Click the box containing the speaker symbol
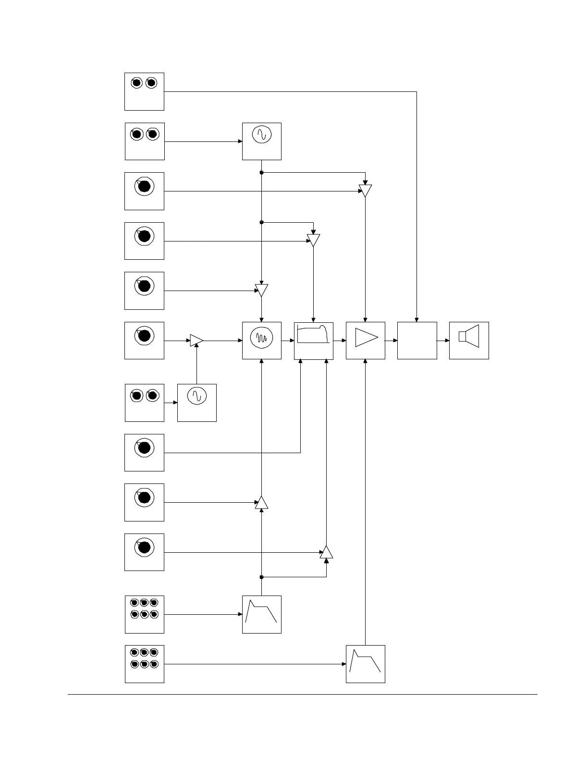[x=469, y=341]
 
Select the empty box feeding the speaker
[x=417, y=341]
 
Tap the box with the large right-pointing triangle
[x=366, y=341]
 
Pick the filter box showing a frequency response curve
[x=314, y=341]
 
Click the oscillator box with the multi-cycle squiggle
[x=262, y=341]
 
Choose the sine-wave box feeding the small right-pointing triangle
[x=197, y=403]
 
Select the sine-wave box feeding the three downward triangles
[x=262, y=141]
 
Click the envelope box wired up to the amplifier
[x=366, y=664]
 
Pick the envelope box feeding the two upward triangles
[x=262, y=614]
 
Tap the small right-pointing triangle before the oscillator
[x=196, y=340]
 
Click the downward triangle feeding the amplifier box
[x=366, y=190]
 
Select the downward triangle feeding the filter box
[x=313, y=240]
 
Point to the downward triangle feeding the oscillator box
[x=261, y=290]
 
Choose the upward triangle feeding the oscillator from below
[x=261, y=502]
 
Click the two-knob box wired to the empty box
[x=144, y=91]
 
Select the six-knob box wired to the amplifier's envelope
[x=144, y=664]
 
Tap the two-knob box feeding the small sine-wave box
[x=144, y=403]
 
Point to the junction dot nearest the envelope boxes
[x=261, y=577]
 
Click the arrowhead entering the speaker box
[x=447, y=341]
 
